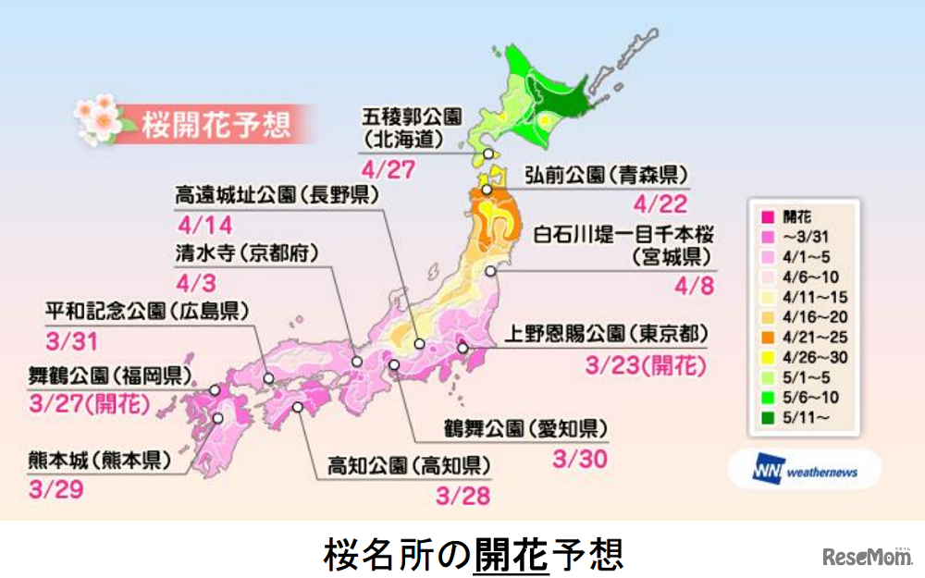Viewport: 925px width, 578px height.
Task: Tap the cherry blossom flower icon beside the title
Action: point(96,118)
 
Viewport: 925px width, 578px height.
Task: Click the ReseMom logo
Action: point(864,556)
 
